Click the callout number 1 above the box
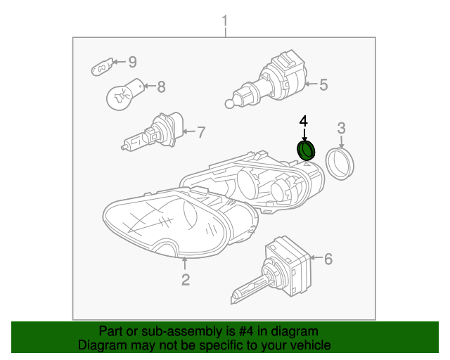[x=225, y=22]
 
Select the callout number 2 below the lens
[x=186, y=280]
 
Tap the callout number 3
[x=341, y=129]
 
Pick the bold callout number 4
[x=304, y=121]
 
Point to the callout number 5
[x=323, y=85]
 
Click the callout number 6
[x=328, y=259]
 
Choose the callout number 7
[x=202, y=132]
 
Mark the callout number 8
[x=162, y=86]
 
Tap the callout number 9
[x=132, y=62]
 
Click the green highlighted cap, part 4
[x=306, y=150]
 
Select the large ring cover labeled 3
[x=340, y=164]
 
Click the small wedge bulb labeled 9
[x=102, y=67]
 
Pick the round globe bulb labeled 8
[x=124, y=94]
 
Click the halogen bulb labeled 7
[x=152, y=131]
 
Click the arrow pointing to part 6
[x=316, y=258]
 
